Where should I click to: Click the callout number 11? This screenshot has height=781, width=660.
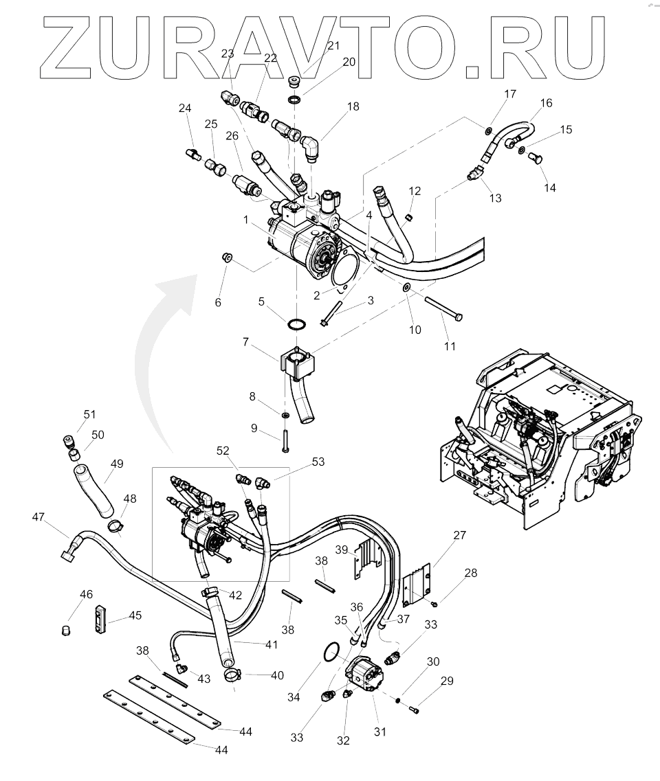450,346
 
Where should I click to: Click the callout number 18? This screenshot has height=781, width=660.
353,108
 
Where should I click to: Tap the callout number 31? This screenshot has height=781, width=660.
379,732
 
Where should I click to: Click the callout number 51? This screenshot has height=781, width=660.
89,414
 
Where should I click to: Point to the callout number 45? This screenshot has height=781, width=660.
135,615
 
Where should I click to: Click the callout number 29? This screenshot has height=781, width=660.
448,681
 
